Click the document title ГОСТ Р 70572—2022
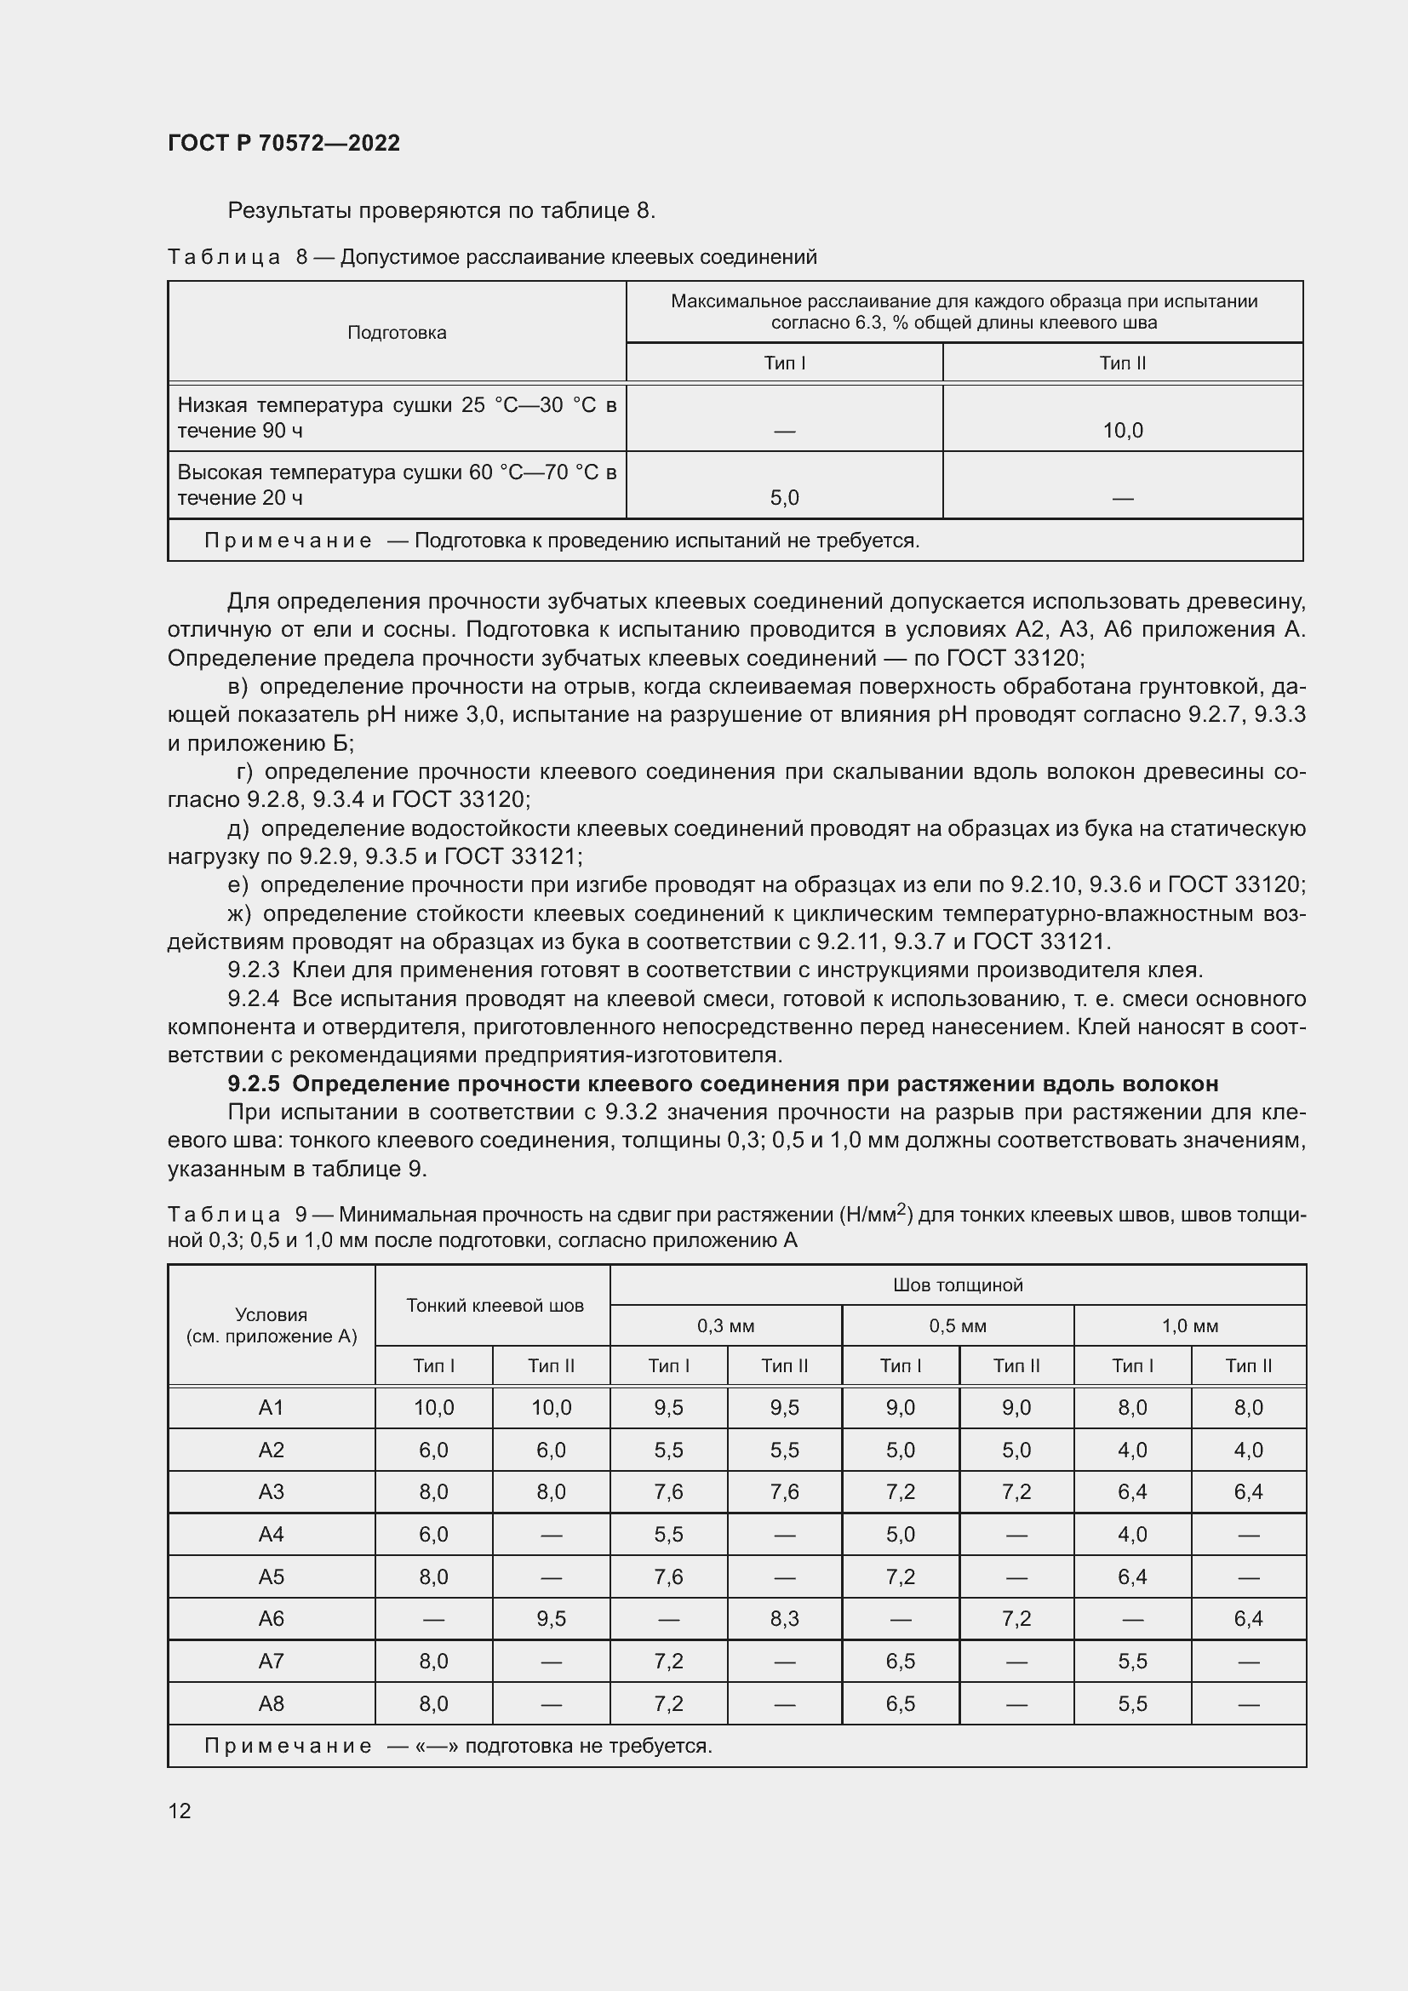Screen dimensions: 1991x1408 (x=283, y=143)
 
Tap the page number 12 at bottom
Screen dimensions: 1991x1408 (x=180, y=1811)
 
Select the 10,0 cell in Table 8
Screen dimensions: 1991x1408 (x=1122, y=430)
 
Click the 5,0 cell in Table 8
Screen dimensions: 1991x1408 (x=784, y=498)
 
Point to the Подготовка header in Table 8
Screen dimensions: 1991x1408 (x=396, y=333)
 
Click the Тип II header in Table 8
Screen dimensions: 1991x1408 (x=1122, y=363)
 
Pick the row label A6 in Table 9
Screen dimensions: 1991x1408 (x=271, y=1618)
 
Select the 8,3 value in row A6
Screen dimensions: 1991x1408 (x=784, y=1618)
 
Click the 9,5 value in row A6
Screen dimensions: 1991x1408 (x=551, y=1618)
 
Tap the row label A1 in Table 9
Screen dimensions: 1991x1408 (x=271, y=1407)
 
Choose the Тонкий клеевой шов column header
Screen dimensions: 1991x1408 (x=495, y=1305)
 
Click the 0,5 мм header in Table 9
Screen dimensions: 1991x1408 (x=957, y=1326)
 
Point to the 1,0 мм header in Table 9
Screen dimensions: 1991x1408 (x=1189, y=1326)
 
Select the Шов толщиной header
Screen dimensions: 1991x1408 (x=957, y=1285)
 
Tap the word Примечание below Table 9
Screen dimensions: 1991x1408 (x=288, y=1746)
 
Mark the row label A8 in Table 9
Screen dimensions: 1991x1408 (x=271, y=1703)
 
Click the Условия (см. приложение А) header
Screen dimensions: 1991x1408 (x=271, y=1325)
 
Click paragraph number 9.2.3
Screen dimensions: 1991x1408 (x=253, y=970)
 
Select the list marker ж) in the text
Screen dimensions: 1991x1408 (x=239, y=914)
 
